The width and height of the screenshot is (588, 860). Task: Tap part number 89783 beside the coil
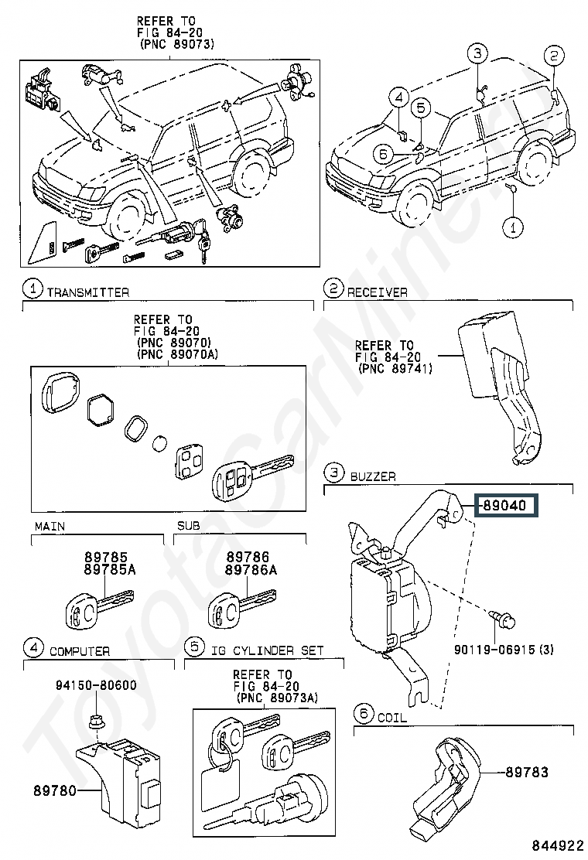(x=527, y=773)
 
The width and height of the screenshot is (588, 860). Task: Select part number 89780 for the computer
(x=55, y=790)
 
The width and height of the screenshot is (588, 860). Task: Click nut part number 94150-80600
(x=96, y=685)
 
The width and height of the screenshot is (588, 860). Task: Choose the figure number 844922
(x=557, y=845)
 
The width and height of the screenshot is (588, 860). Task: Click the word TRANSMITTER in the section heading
(x=87, y=292)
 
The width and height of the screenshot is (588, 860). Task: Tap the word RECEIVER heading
(x=378, y=292)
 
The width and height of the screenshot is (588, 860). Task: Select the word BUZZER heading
(x=373, y=476)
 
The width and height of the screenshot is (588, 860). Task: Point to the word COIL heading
(x=392, y=718)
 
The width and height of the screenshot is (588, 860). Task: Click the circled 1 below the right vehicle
(x=513, y=227)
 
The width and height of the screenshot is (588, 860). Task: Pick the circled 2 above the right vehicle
(x=553, y=56)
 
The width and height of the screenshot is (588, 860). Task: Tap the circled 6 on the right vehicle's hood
(x=384, y=155)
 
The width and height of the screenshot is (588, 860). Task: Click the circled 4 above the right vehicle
(x=398, y=98)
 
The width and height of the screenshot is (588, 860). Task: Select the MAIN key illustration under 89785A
(x=99, y=607)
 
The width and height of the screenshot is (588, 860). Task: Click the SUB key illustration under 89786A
(x=242, y=607)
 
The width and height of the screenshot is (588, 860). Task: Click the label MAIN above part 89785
(x=50, y=527)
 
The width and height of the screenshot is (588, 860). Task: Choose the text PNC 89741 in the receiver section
(x=395, y=368)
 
